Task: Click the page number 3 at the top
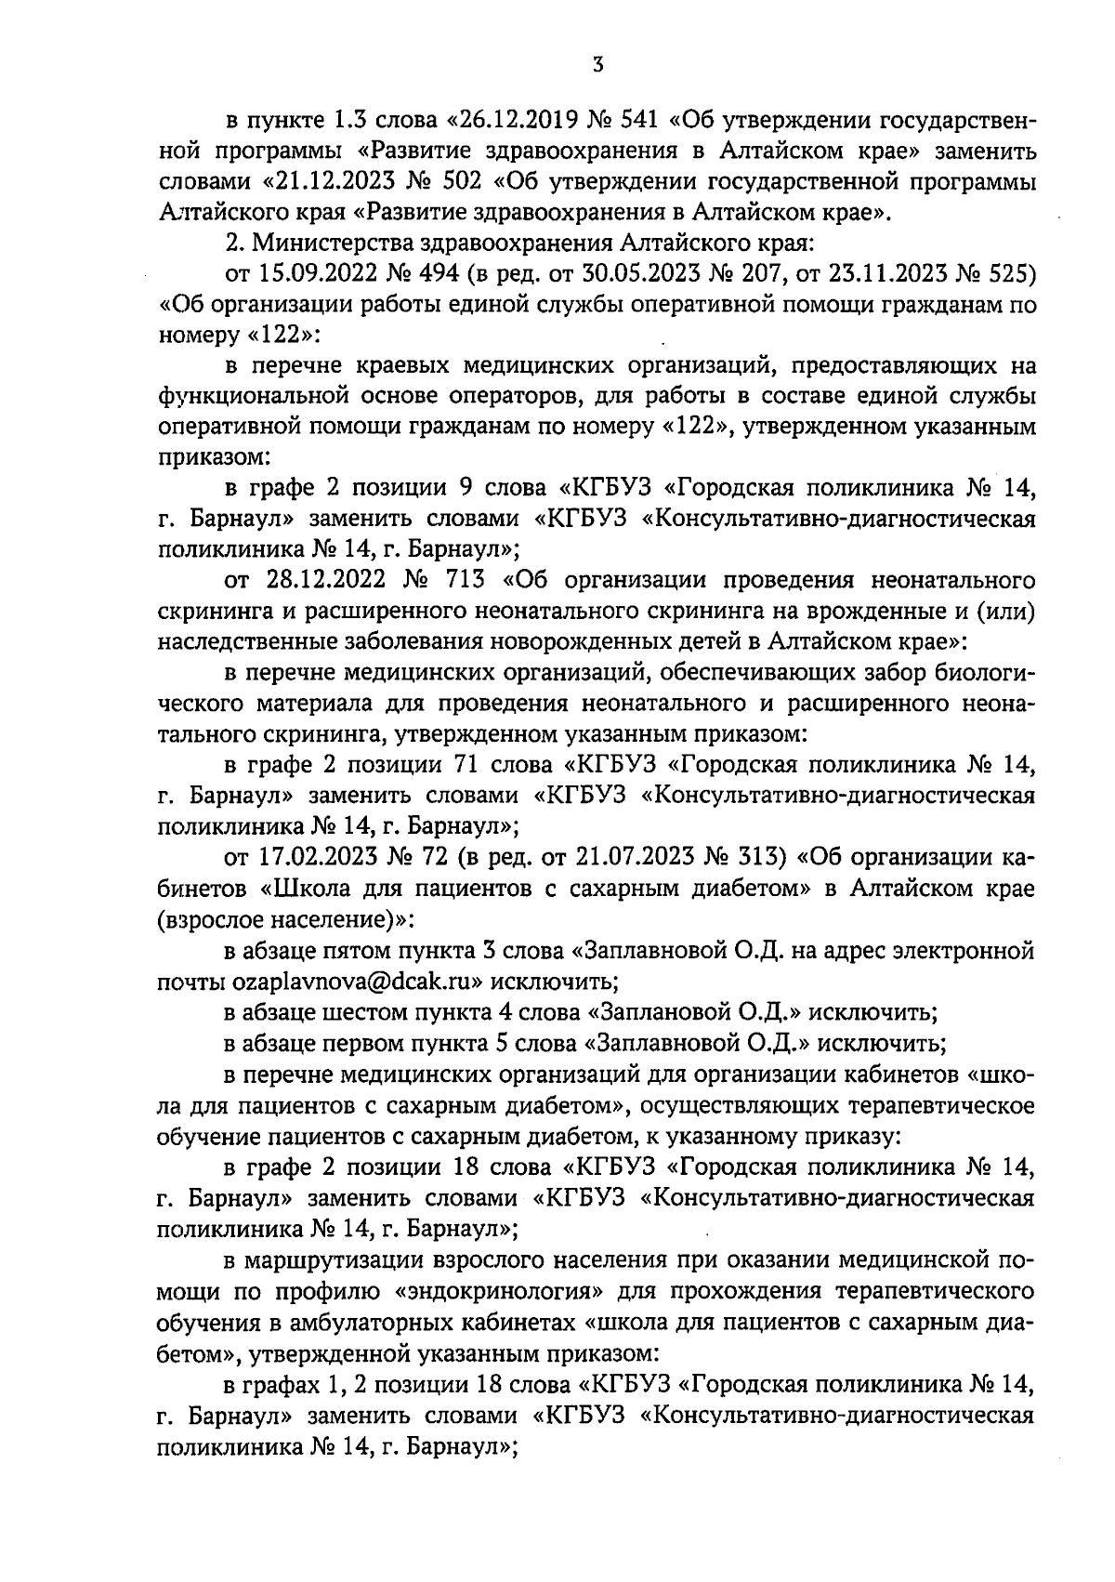click(x=597, y=63)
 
